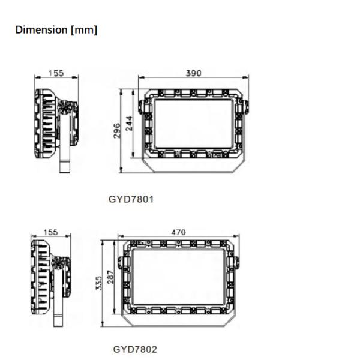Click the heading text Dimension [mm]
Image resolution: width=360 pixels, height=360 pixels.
(x=56, y=29)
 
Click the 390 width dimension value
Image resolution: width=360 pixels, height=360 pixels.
(x=193, y=73)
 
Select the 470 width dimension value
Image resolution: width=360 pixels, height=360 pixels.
(x=178, y=232)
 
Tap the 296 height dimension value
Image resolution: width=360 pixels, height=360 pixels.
(x=118, y=130)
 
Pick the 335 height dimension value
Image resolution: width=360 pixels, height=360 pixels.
(x=98, y=284)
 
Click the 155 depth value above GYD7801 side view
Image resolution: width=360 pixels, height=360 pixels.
(x=56, y=73)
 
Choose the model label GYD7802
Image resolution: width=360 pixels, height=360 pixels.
(x=136, y=349)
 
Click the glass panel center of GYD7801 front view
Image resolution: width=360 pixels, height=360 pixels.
(x=193, y=124)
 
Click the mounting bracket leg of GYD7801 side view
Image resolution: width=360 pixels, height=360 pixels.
(x=63, y=158)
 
